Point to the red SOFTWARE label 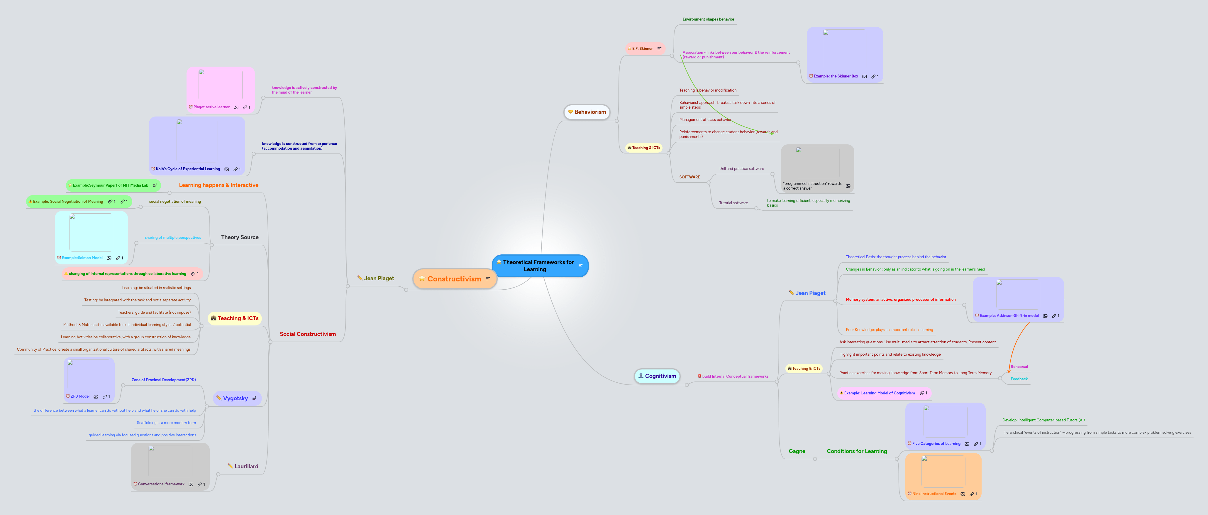click(x=689, y=177)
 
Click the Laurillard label click(x=246, y=467)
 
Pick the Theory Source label click(x=240, y=237)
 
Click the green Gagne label click(x=797, y=452)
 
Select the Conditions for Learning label click(x=857, y=452)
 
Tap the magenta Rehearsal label click(x=1019, y=367)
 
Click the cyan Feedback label click(x=1019, y=379)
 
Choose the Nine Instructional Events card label click(x=934, y=494)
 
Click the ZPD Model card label click(x=80, y=396)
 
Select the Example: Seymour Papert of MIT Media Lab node click(x=111, y=185)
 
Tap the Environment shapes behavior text click(x=708, y=19)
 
